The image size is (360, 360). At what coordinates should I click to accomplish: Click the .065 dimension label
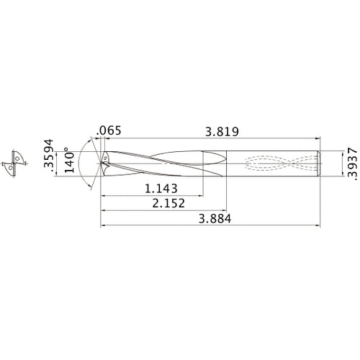109,131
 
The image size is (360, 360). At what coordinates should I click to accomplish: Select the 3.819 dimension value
222,132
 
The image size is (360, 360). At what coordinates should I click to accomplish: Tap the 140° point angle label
70,160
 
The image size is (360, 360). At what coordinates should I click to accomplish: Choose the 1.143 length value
161,189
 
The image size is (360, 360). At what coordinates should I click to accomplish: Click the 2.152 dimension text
168,203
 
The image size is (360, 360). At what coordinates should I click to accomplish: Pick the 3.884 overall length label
215,219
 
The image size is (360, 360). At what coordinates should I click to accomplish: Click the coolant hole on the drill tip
105,158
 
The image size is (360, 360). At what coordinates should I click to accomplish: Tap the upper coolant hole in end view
17,158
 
